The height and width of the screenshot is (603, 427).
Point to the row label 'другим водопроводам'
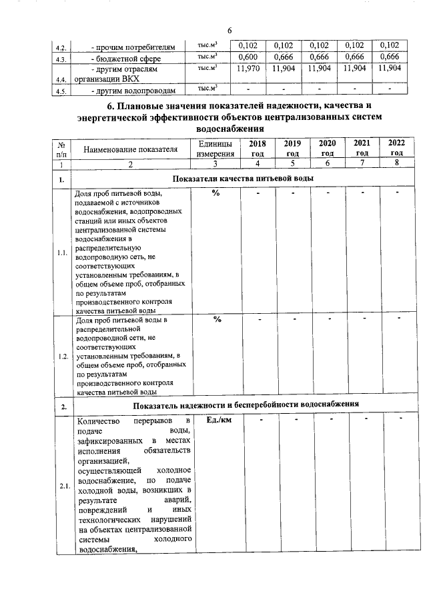133,91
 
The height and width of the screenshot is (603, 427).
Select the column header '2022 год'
397,148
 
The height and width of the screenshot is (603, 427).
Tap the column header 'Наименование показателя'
131,150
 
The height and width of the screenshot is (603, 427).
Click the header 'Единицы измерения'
216,149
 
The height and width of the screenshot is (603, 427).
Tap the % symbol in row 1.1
216,193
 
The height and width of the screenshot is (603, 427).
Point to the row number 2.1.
63,486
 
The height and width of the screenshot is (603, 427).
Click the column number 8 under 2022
396,163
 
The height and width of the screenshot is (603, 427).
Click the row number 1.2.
63,356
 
